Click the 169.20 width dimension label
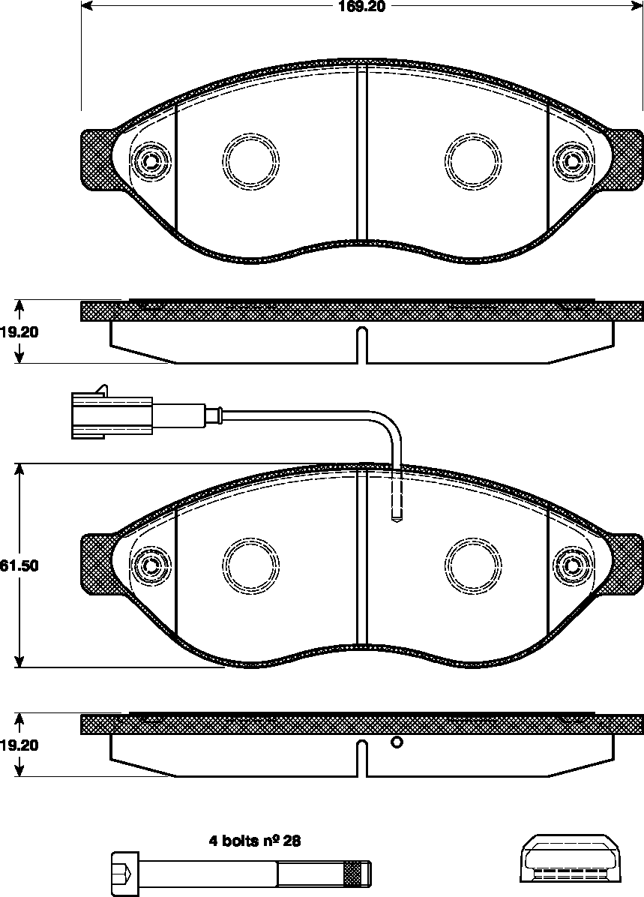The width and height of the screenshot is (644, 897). [362, 7]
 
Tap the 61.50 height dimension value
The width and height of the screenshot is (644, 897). [19, 565]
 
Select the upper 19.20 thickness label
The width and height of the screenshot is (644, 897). [19, 332]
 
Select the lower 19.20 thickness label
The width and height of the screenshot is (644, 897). [19, 745]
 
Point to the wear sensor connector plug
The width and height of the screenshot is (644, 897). [112, 414]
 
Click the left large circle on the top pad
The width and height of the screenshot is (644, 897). [251, 160]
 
